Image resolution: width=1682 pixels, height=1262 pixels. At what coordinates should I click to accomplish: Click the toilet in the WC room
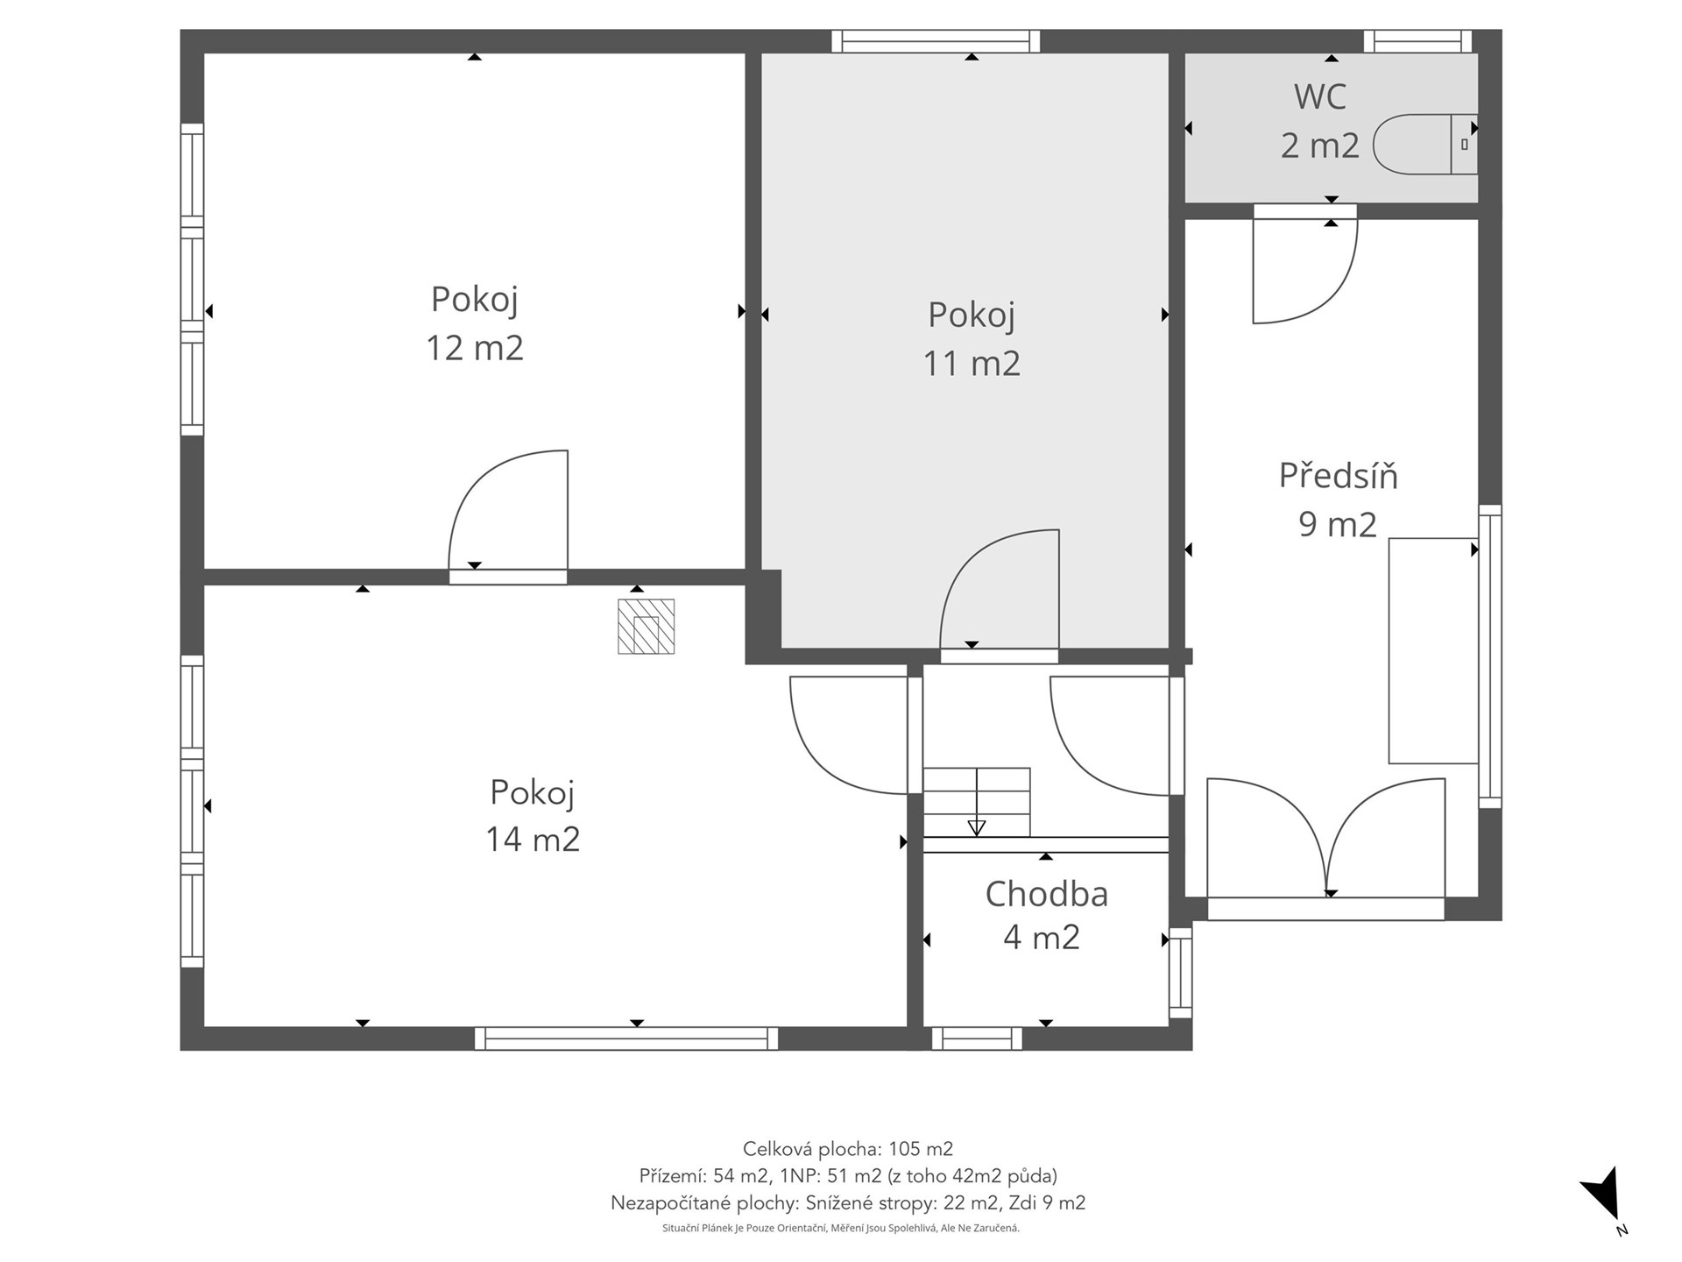pos(1425,144)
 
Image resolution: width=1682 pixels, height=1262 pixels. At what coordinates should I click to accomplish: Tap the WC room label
pos(1319,96)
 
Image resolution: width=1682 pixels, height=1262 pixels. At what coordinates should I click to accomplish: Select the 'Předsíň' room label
pos(1338,476)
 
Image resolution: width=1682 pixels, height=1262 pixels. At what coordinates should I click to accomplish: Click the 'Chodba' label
pos(1046,894)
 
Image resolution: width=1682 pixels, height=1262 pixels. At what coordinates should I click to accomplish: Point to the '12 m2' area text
pos(474,348)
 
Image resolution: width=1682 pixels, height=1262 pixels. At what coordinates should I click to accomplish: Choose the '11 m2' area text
pos(972,364)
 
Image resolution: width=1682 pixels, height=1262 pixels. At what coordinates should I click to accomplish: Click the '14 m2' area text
pos(533,840)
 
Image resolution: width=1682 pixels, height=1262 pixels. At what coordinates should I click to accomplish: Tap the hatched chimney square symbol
pos(646,626)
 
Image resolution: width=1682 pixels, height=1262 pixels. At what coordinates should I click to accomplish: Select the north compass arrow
pos(1605,1195)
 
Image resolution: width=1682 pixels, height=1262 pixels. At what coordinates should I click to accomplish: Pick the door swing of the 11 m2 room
pos(1000,589)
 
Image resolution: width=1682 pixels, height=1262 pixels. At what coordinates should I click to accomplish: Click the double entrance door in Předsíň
pos(1326,837)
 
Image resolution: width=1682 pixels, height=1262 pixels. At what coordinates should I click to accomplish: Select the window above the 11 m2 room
pos(936,41)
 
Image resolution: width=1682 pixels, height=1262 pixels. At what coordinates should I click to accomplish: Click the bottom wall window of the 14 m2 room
pos(626,1039)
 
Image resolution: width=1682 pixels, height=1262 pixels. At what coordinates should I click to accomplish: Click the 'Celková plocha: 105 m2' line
pos(847,1148)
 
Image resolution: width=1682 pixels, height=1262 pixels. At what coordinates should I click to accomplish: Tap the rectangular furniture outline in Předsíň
pos(1434,650)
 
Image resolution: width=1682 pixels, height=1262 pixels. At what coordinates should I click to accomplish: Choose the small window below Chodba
pos(977,1039)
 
